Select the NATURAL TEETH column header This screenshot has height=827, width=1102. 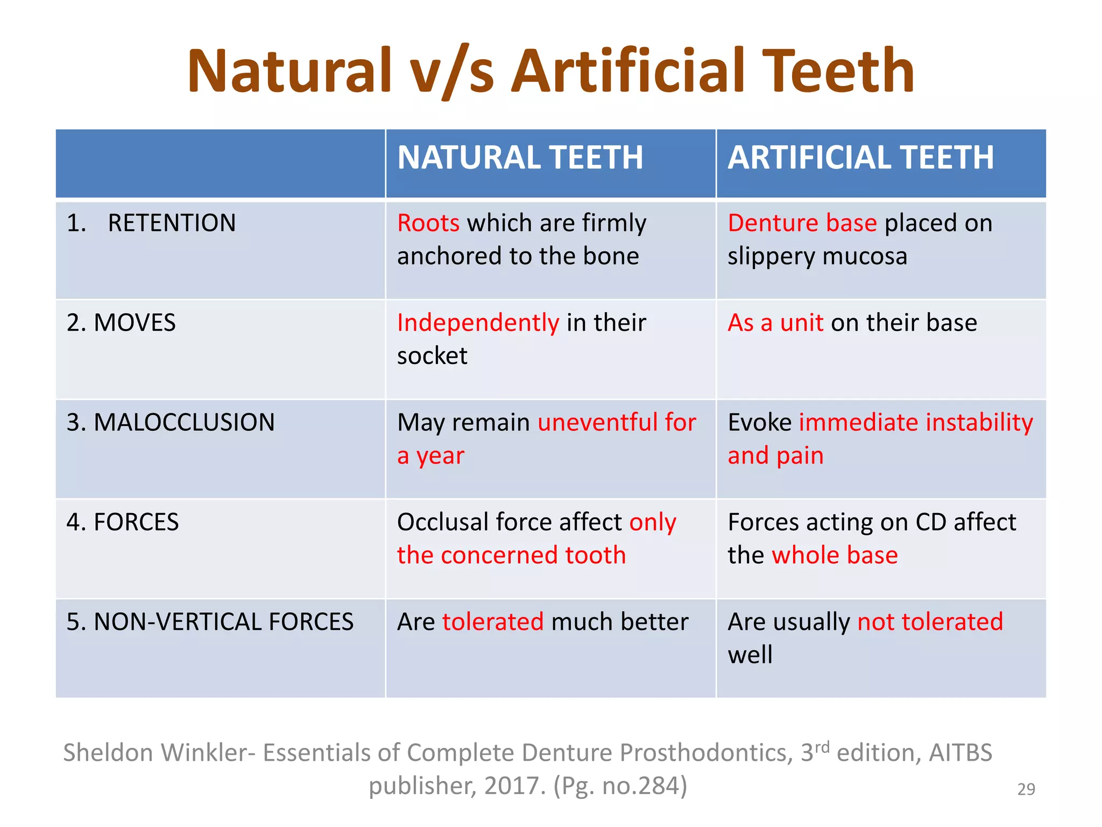(x=520, y=158)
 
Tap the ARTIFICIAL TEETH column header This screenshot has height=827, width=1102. (x=860, y=158)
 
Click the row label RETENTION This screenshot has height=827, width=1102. (x=172, y=223)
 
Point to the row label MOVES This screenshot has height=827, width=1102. (x=135, y=323)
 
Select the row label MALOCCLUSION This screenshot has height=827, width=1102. (x=184, y=422)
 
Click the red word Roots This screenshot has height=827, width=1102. (x=428, y=223)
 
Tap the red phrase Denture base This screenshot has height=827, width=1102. (x=802, y=223)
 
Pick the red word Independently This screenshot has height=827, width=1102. (x=478, y=323)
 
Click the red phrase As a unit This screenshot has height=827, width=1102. (x=775, y=323)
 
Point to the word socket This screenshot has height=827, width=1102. (x=432, y=356)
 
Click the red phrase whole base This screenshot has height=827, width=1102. (x=835, y=555)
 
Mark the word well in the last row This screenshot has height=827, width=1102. (x=750, y=655)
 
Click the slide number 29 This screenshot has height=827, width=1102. (x=1026, y=789)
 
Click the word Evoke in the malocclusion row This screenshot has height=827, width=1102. (x=759, y=423)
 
